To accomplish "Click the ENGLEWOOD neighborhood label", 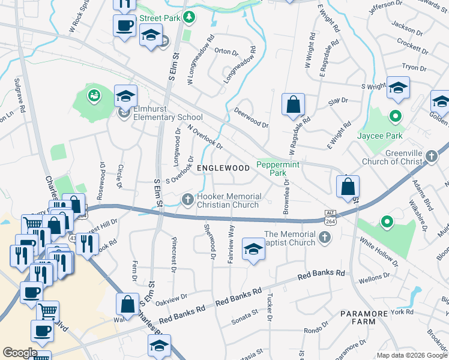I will [223, 169].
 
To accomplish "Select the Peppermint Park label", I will [278, 168].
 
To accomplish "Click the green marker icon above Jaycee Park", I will [396, 115].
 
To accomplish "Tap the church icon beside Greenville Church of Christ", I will [431, 157].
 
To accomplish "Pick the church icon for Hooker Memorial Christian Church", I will [188, 199].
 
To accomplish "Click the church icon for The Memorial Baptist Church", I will [324, 238].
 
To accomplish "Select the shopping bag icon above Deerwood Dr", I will [292, 105].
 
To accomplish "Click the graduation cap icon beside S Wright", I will [398, 88].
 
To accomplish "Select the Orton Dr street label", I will [226, 52].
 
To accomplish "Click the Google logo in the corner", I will [20, 353].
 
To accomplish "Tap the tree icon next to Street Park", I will [189, 17].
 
